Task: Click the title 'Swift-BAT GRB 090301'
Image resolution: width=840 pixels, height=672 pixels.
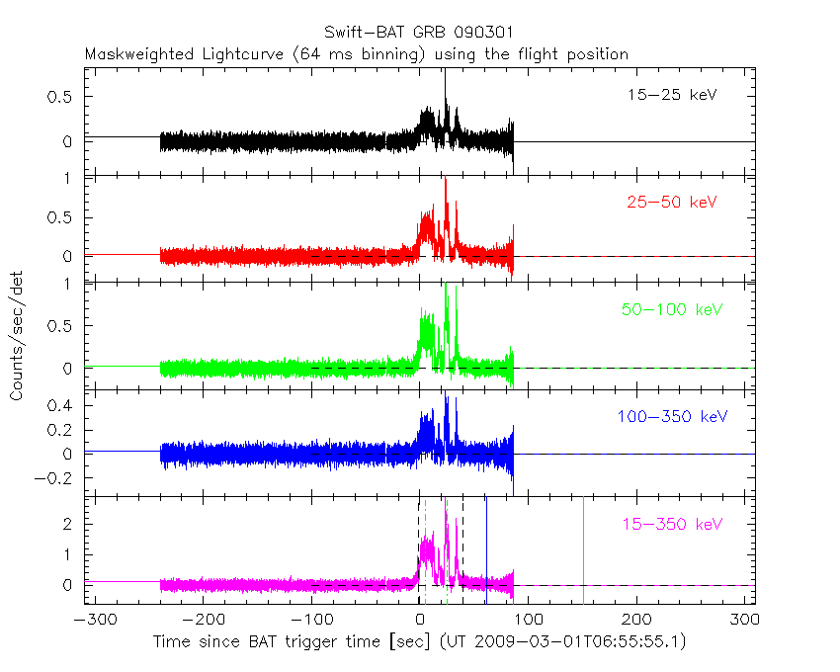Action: click(418, 33)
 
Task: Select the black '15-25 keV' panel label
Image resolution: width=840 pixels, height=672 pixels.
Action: click(671, 96)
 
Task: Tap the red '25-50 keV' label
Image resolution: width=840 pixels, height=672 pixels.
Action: click(671, 203)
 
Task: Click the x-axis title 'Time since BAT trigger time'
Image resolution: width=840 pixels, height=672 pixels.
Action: click(266, 641)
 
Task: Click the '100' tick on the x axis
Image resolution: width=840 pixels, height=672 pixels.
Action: click(529, 621)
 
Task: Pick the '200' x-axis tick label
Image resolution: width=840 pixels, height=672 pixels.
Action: click(637, 621)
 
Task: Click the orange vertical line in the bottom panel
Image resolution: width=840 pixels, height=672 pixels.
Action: click(583, 548)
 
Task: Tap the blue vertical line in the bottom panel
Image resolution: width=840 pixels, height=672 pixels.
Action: click(486, 548)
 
